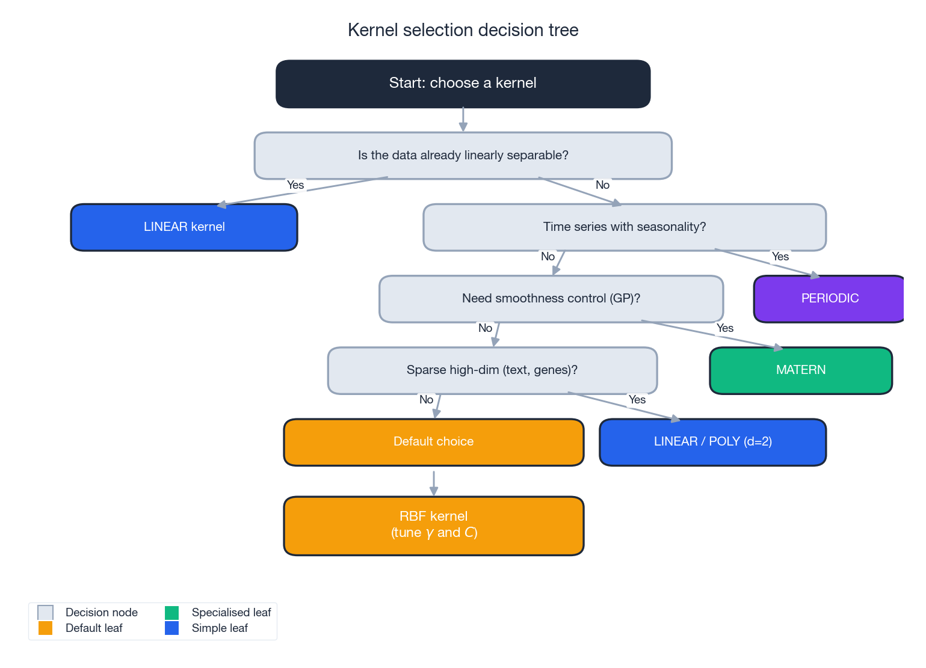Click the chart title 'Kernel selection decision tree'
point(463,30)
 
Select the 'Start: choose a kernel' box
point(463,84)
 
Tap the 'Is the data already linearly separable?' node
point(463,156)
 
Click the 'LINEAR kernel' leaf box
point(184,227)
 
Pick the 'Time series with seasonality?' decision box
point(624,227)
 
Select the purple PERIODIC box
point(829,299)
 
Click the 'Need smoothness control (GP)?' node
point(551,299)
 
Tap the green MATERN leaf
point(800,370)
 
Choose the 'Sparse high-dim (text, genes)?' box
point(492,370)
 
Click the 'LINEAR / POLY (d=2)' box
point(712,442)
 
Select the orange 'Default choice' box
point(433,442)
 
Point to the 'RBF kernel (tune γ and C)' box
point(433,526)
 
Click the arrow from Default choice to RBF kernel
point(433,482)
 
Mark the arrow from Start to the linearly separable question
point(463,119)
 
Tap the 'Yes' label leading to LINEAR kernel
point(295,185)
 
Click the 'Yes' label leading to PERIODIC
point(780,257)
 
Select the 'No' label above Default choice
point(426,400)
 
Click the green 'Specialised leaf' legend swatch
point(171,613)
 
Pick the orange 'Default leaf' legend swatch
point(45,628)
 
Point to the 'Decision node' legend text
point(101,613)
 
